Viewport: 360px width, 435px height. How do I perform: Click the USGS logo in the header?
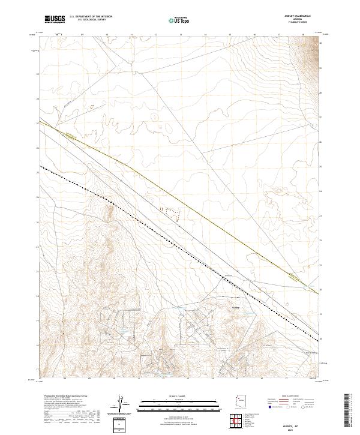click(x=55, y=19)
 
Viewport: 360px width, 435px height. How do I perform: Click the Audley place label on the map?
click(x=235, y=307)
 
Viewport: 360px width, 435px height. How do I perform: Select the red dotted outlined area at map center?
click(x=170, y=211)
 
